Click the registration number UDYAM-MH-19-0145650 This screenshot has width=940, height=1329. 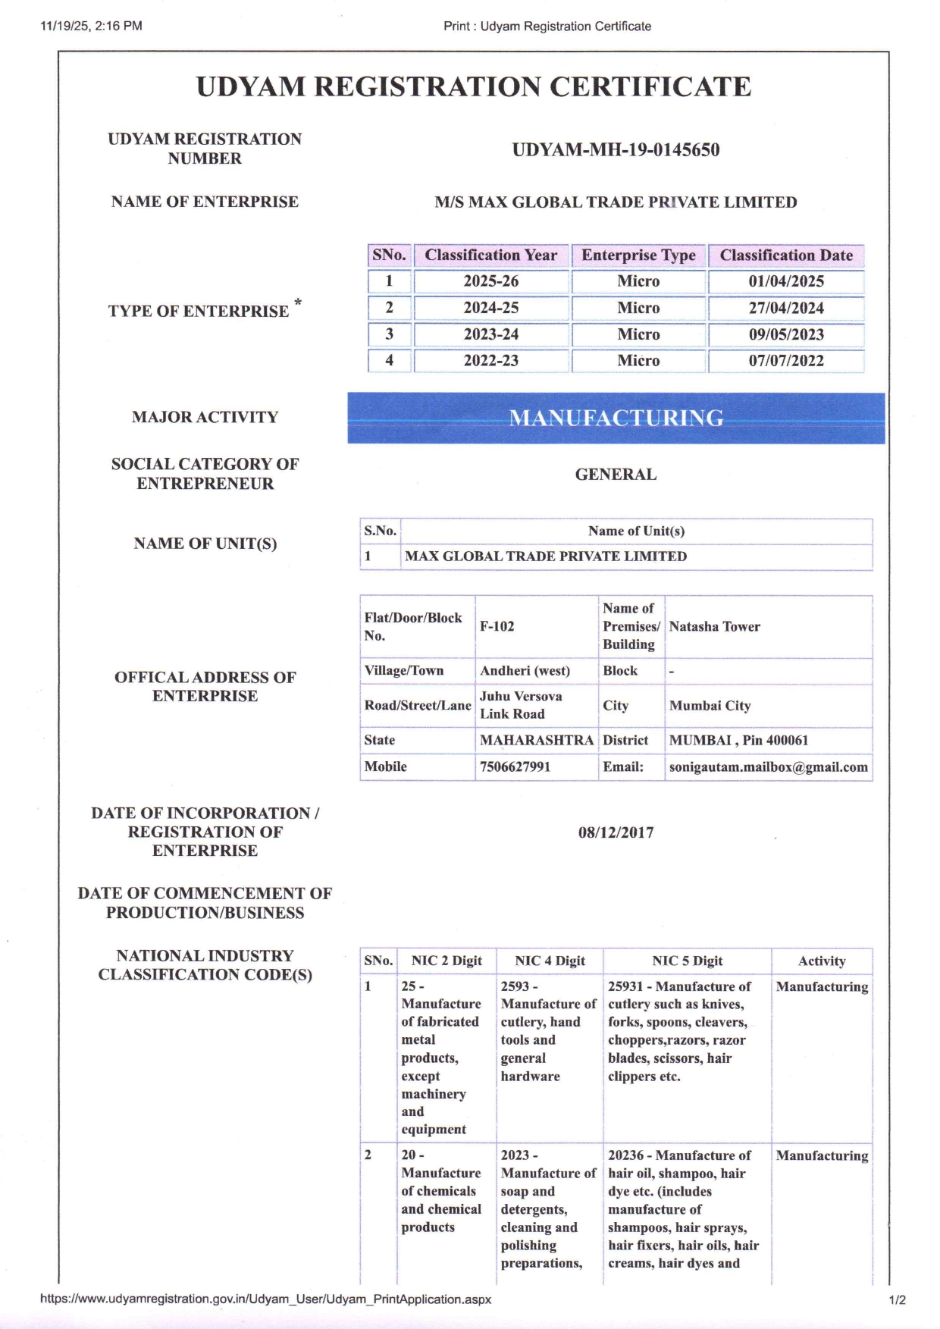(616, 150)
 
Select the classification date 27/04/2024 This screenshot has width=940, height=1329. (786, 308)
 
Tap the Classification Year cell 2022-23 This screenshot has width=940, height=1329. (491, 361)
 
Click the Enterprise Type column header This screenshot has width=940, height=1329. (638, 255)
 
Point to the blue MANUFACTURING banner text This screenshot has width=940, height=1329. (616, 418)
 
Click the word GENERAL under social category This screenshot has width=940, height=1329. (616, 475)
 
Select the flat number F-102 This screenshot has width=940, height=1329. (497, 627)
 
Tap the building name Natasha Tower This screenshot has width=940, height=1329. (714, 627)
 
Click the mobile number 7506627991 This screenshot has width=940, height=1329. (515, 767)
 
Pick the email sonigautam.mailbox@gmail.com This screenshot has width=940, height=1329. (768, 767)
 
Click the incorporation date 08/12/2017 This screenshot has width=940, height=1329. (616, 832)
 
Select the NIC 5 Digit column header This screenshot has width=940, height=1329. (688, 961)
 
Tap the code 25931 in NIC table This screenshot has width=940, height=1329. (625, 986)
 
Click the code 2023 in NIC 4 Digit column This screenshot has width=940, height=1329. (515, 1155)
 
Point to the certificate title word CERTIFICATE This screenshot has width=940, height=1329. (650, 87)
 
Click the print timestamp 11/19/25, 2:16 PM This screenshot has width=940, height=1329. (91, 26)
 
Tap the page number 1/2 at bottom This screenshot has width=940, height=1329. (897, 1299)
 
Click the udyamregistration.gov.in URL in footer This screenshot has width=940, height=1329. (265, 1299)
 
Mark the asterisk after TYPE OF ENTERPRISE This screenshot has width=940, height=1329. (298, 303)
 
